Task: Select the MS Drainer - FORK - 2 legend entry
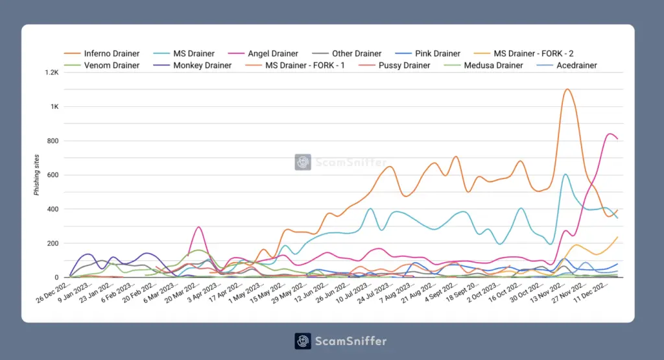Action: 533,54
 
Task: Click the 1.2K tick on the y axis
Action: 51,73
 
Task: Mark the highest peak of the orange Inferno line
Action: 567,90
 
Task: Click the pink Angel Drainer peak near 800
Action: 610,134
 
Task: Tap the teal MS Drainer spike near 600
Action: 565,174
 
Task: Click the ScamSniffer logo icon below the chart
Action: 303,341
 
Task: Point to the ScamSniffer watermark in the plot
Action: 341,162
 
